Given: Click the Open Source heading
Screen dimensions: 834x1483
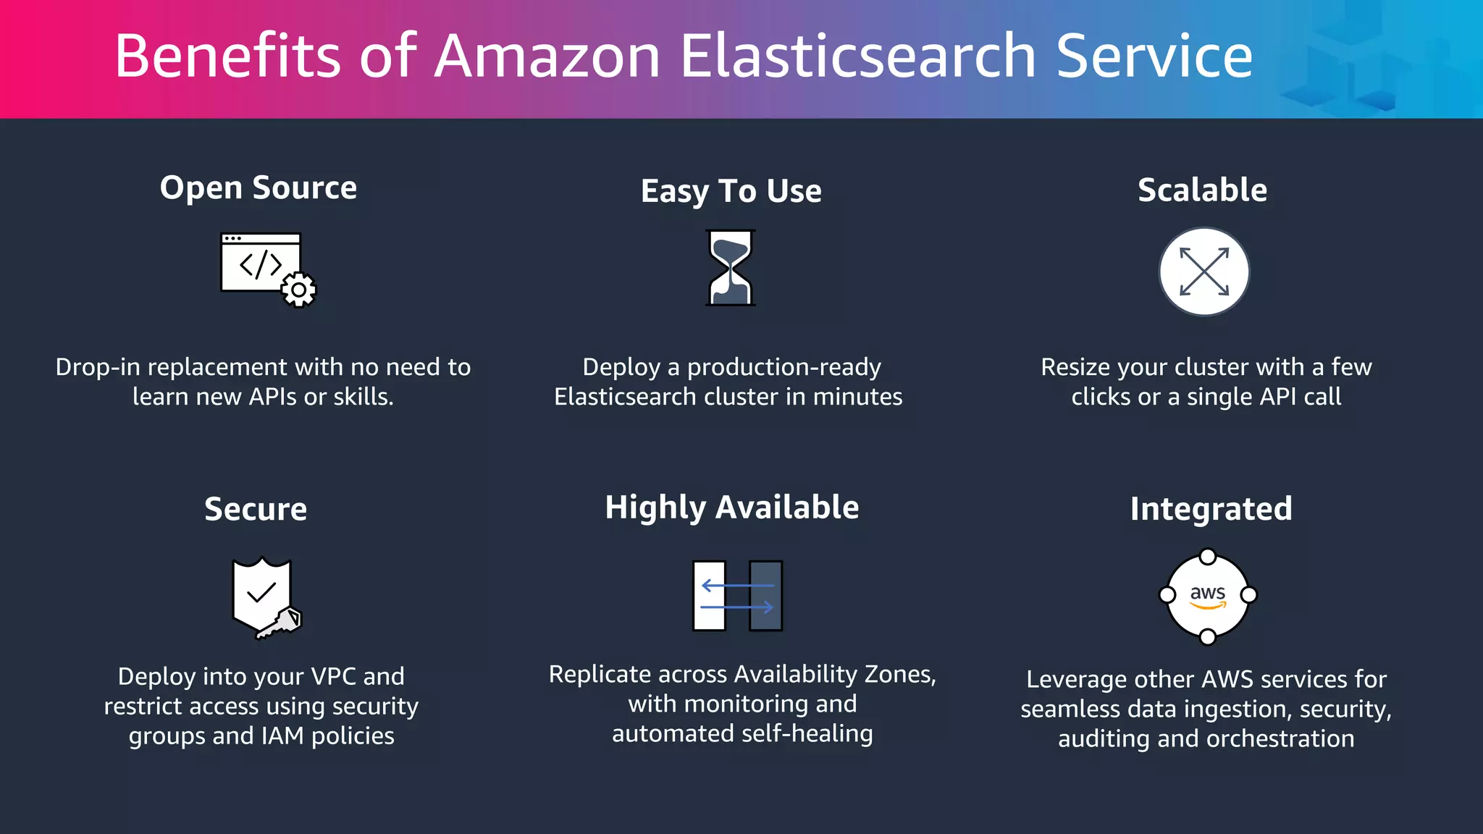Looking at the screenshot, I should click(259, 188).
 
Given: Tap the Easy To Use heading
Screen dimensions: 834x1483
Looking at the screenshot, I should click(731, 191).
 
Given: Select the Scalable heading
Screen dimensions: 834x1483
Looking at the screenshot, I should click(1202, 190).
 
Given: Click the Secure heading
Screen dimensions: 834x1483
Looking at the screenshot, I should click(256, 509).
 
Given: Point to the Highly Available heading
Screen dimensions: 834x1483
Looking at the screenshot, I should click(732, 507).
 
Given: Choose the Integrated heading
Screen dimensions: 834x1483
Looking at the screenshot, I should click(1211, 509).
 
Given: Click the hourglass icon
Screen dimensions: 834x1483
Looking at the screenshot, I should click(731, 268).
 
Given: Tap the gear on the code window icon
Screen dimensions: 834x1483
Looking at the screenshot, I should click(298, 290).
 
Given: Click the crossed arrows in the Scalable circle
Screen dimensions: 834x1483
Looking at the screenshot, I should click(1204, 271).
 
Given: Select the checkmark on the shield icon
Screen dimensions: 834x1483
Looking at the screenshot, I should click(261, 592).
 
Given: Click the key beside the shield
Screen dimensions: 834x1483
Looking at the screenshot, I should click(282, 623).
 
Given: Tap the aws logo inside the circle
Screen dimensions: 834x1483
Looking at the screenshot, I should click(1208, 595).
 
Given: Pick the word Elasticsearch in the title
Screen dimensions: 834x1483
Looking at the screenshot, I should click(859, 56).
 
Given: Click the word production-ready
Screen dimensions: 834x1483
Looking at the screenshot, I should click(784, 367).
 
